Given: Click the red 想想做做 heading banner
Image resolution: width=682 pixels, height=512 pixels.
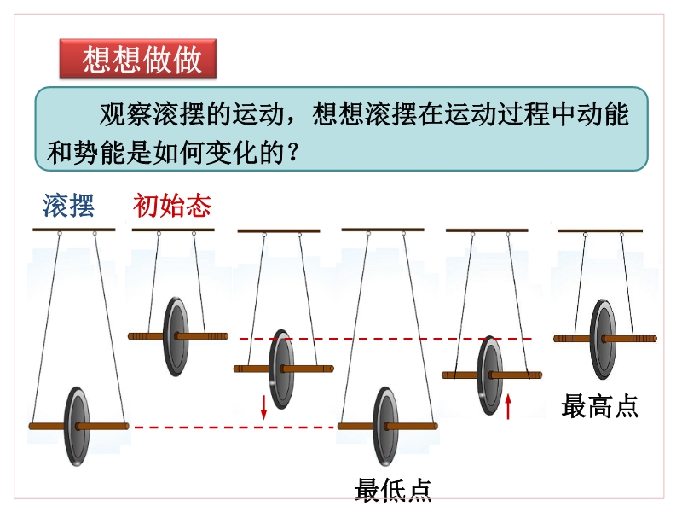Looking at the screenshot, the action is click(x=138, y=59).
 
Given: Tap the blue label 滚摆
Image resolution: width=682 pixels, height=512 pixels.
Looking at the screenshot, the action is click(x=68, y=206).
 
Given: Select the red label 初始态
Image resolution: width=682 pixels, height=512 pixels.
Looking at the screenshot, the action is click(x=172, y=206).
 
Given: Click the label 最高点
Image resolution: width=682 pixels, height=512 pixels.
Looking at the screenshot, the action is click(x=599, y=406).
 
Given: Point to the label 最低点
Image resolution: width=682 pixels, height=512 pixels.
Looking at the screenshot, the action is click(x=393, y=490).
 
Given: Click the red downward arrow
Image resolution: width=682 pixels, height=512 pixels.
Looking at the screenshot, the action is click(x=263, y=407).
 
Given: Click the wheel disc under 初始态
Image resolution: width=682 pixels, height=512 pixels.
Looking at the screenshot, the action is click(x=176, y=336).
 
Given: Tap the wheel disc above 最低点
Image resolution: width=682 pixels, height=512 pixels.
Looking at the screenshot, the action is click(x=386, y=426).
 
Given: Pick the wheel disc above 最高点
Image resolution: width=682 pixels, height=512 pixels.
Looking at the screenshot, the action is click(x=603, y=339).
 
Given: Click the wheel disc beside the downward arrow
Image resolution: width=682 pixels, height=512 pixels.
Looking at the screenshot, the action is click(x=281, y=369).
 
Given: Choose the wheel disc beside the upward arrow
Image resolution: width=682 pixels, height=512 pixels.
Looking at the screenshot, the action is click(x=490, y=375).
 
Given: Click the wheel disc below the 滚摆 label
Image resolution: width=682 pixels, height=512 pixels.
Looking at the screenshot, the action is click(x=77, y=426).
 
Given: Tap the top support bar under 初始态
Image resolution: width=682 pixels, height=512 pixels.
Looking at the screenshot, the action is click(x=173, y=230).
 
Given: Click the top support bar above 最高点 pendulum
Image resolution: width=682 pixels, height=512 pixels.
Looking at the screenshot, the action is click(x=600, y=230).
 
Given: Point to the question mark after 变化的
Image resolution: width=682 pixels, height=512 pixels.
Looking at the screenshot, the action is click(x=293, y=153).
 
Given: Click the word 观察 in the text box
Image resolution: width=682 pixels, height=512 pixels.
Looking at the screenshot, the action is click(x=125, y=115).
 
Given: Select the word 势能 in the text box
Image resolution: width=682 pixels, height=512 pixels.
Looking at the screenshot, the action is click(x=100, y=153).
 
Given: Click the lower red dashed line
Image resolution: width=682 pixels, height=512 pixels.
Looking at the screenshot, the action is click(x=234, y=428).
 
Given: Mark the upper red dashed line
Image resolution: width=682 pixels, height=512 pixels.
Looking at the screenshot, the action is click(x=385, y=339).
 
